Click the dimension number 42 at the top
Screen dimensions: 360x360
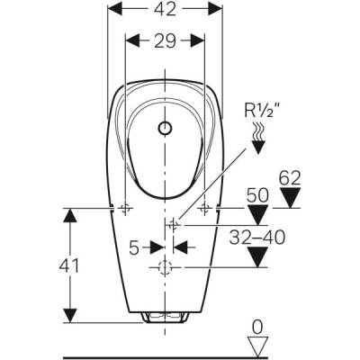tap(165, 9)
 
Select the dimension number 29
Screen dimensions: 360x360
tap(165, 40)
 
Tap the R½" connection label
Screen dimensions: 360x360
tap(258, 111)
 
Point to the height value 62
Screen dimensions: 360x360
tap(290, 179)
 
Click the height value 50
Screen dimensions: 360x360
tap(257, 196)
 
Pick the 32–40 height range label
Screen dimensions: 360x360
tap(256, 238)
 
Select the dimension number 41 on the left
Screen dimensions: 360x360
tap(69, 265)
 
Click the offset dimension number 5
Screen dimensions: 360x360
tap(134, 247)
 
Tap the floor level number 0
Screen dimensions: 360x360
tap(257, 327)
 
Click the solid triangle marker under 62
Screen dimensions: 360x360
tap(290, 197)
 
